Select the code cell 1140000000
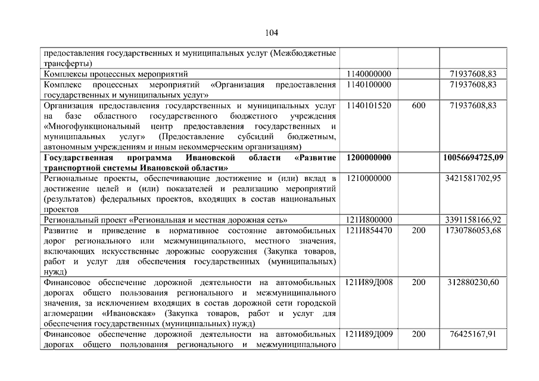[x=368, y=74]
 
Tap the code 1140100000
[x=368, y=85]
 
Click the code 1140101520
[x=368, y=105]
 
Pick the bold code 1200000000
[x=368, y=158]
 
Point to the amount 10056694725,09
[x=473, y=158]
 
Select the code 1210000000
[x=368, y=178]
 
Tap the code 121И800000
[x=368, y=220]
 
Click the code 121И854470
[x=368, y=230]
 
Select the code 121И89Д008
[x=368, y=282]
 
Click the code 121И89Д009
[x=368, y=335]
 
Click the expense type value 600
[x=419, y=105]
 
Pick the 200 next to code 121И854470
[x=419, y=230]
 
